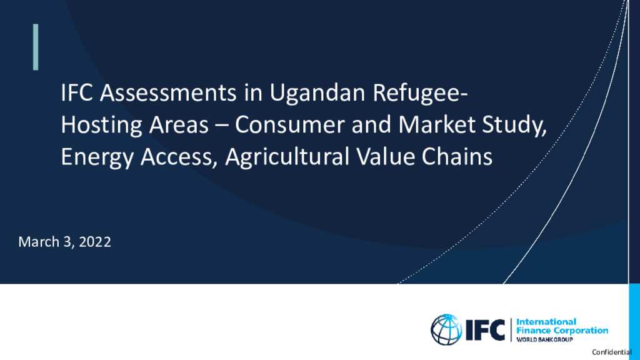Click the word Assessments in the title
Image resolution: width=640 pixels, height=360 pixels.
[168, 92]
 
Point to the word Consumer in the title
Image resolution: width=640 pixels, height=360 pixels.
[289, 124]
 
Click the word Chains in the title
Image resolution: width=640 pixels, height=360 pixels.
[457, 157]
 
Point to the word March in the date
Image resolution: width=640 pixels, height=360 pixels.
[39, 242]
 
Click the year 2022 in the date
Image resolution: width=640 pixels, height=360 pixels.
[95, 242]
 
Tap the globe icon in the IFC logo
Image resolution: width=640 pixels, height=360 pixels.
[446, 329]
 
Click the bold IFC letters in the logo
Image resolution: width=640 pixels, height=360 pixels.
[485, 330]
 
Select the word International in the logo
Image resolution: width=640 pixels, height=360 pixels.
[546, 322]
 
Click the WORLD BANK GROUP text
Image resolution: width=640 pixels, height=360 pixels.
[544, 339]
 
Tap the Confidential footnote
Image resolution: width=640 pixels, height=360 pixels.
[612, 352]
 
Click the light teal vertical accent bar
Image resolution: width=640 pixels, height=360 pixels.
[36, 47]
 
